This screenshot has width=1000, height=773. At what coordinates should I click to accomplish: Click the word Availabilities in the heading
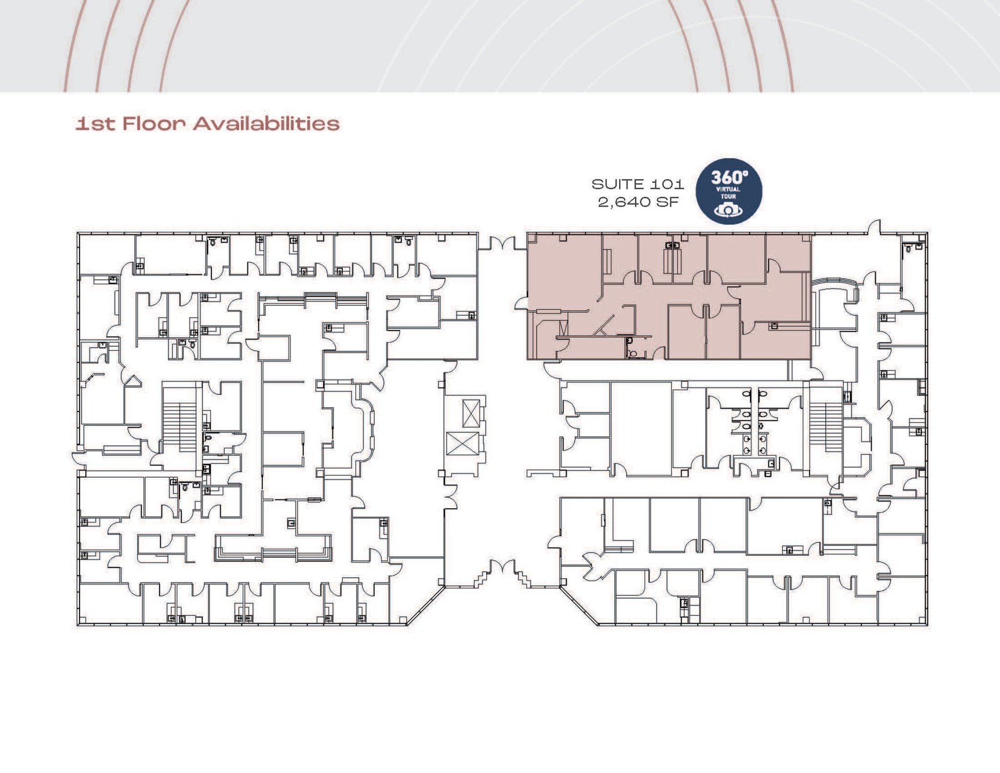click(266, 124)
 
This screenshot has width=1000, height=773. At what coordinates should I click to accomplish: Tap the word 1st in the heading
click(95, 124)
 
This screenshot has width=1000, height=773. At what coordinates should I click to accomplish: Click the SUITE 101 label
click(638, 185)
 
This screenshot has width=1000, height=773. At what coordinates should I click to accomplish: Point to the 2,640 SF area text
click(638, 202)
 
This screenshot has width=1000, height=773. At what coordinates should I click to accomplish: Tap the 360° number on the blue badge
click(729, 177)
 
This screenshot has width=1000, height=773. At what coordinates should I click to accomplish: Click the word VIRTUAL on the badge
click(729, 189)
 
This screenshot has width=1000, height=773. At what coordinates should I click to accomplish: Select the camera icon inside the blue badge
click(729, 209)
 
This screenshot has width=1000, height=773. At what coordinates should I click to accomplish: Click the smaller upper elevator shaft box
click(471, 413)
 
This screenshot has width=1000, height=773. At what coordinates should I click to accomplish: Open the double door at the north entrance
click(501, 243)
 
